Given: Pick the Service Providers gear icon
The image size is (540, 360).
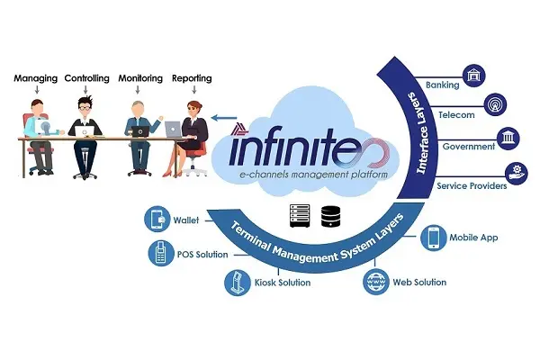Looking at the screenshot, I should pyautogui.click(x=517, y=172).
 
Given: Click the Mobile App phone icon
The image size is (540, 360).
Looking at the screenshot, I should pyautogui.click(x=435, y=238).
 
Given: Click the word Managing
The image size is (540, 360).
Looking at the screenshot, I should pyautogui.click(x=35, y=78).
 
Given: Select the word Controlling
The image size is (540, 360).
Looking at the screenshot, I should pyautogui.click(x=87, y=78).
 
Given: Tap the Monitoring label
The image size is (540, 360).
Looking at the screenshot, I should pyautogui.click(x=140, y=78).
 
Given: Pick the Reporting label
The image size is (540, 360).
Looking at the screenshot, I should pyautogui.click(x=191, y=78).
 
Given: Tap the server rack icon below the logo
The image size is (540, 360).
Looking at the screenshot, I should pyautogui.click(x=299, y=215).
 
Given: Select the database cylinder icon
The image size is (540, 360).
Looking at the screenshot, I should pyautogui.click(x=330, y=215).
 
